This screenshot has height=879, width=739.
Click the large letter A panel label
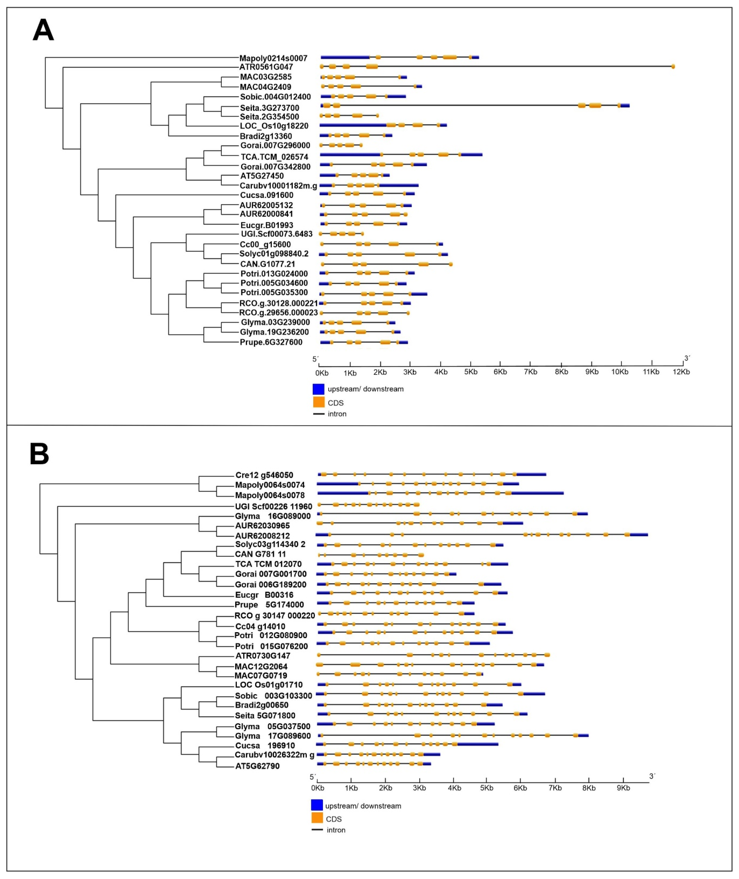43,30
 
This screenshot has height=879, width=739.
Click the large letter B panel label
39,454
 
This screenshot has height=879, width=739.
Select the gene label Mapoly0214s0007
273,58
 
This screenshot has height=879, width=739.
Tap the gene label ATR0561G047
266,67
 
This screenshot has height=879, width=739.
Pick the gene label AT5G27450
262,176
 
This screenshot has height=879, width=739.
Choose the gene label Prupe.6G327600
271,342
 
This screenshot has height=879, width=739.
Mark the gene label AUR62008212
262,536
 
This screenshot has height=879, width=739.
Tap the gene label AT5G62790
257,766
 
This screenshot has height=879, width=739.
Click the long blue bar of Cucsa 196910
478,744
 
